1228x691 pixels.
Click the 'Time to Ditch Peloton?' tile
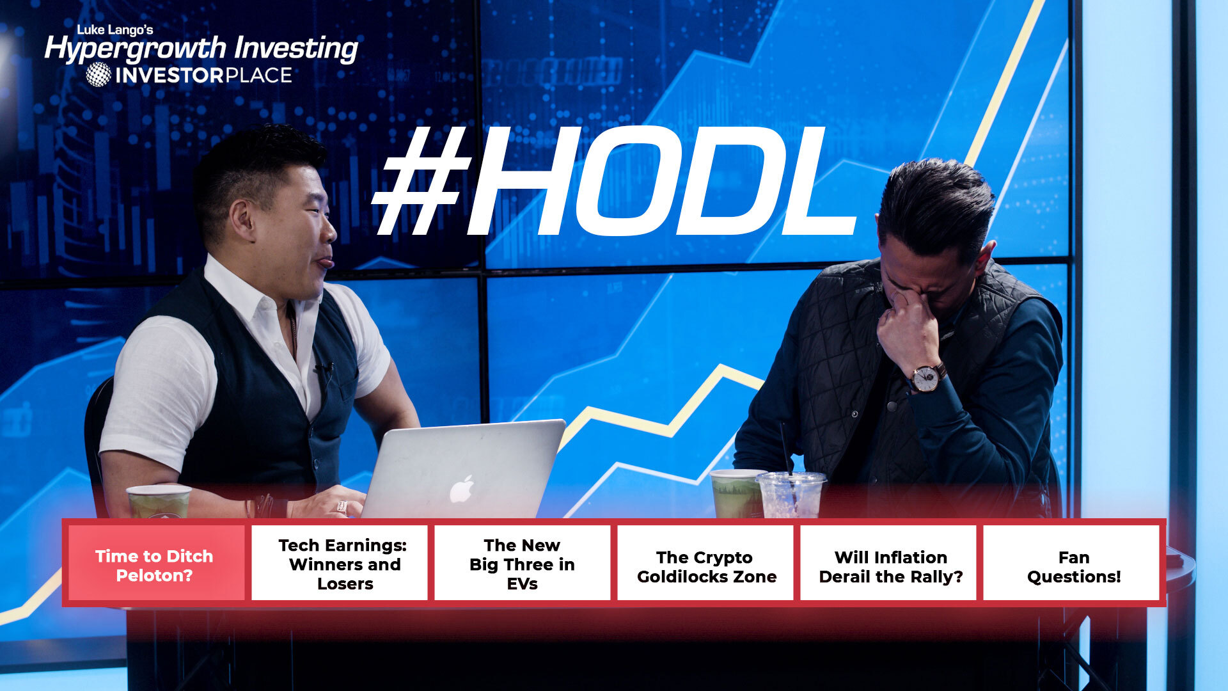154,563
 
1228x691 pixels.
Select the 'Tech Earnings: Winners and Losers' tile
340,563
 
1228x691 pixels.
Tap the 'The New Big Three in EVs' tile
523,563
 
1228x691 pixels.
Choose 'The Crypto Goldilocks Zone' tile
705,563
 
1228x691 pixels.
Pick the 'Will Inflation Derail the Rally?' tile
888,563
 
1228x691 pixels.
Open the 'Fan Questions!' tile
1071,563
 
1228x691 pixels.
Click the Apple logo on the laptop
462,489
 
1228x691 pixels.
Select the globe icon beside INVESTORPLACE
98,75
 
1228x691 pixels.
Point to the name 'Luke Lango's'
115,29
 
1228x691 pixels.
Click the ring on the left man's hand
342,507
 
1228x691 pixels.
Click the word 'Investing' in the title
296,49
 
